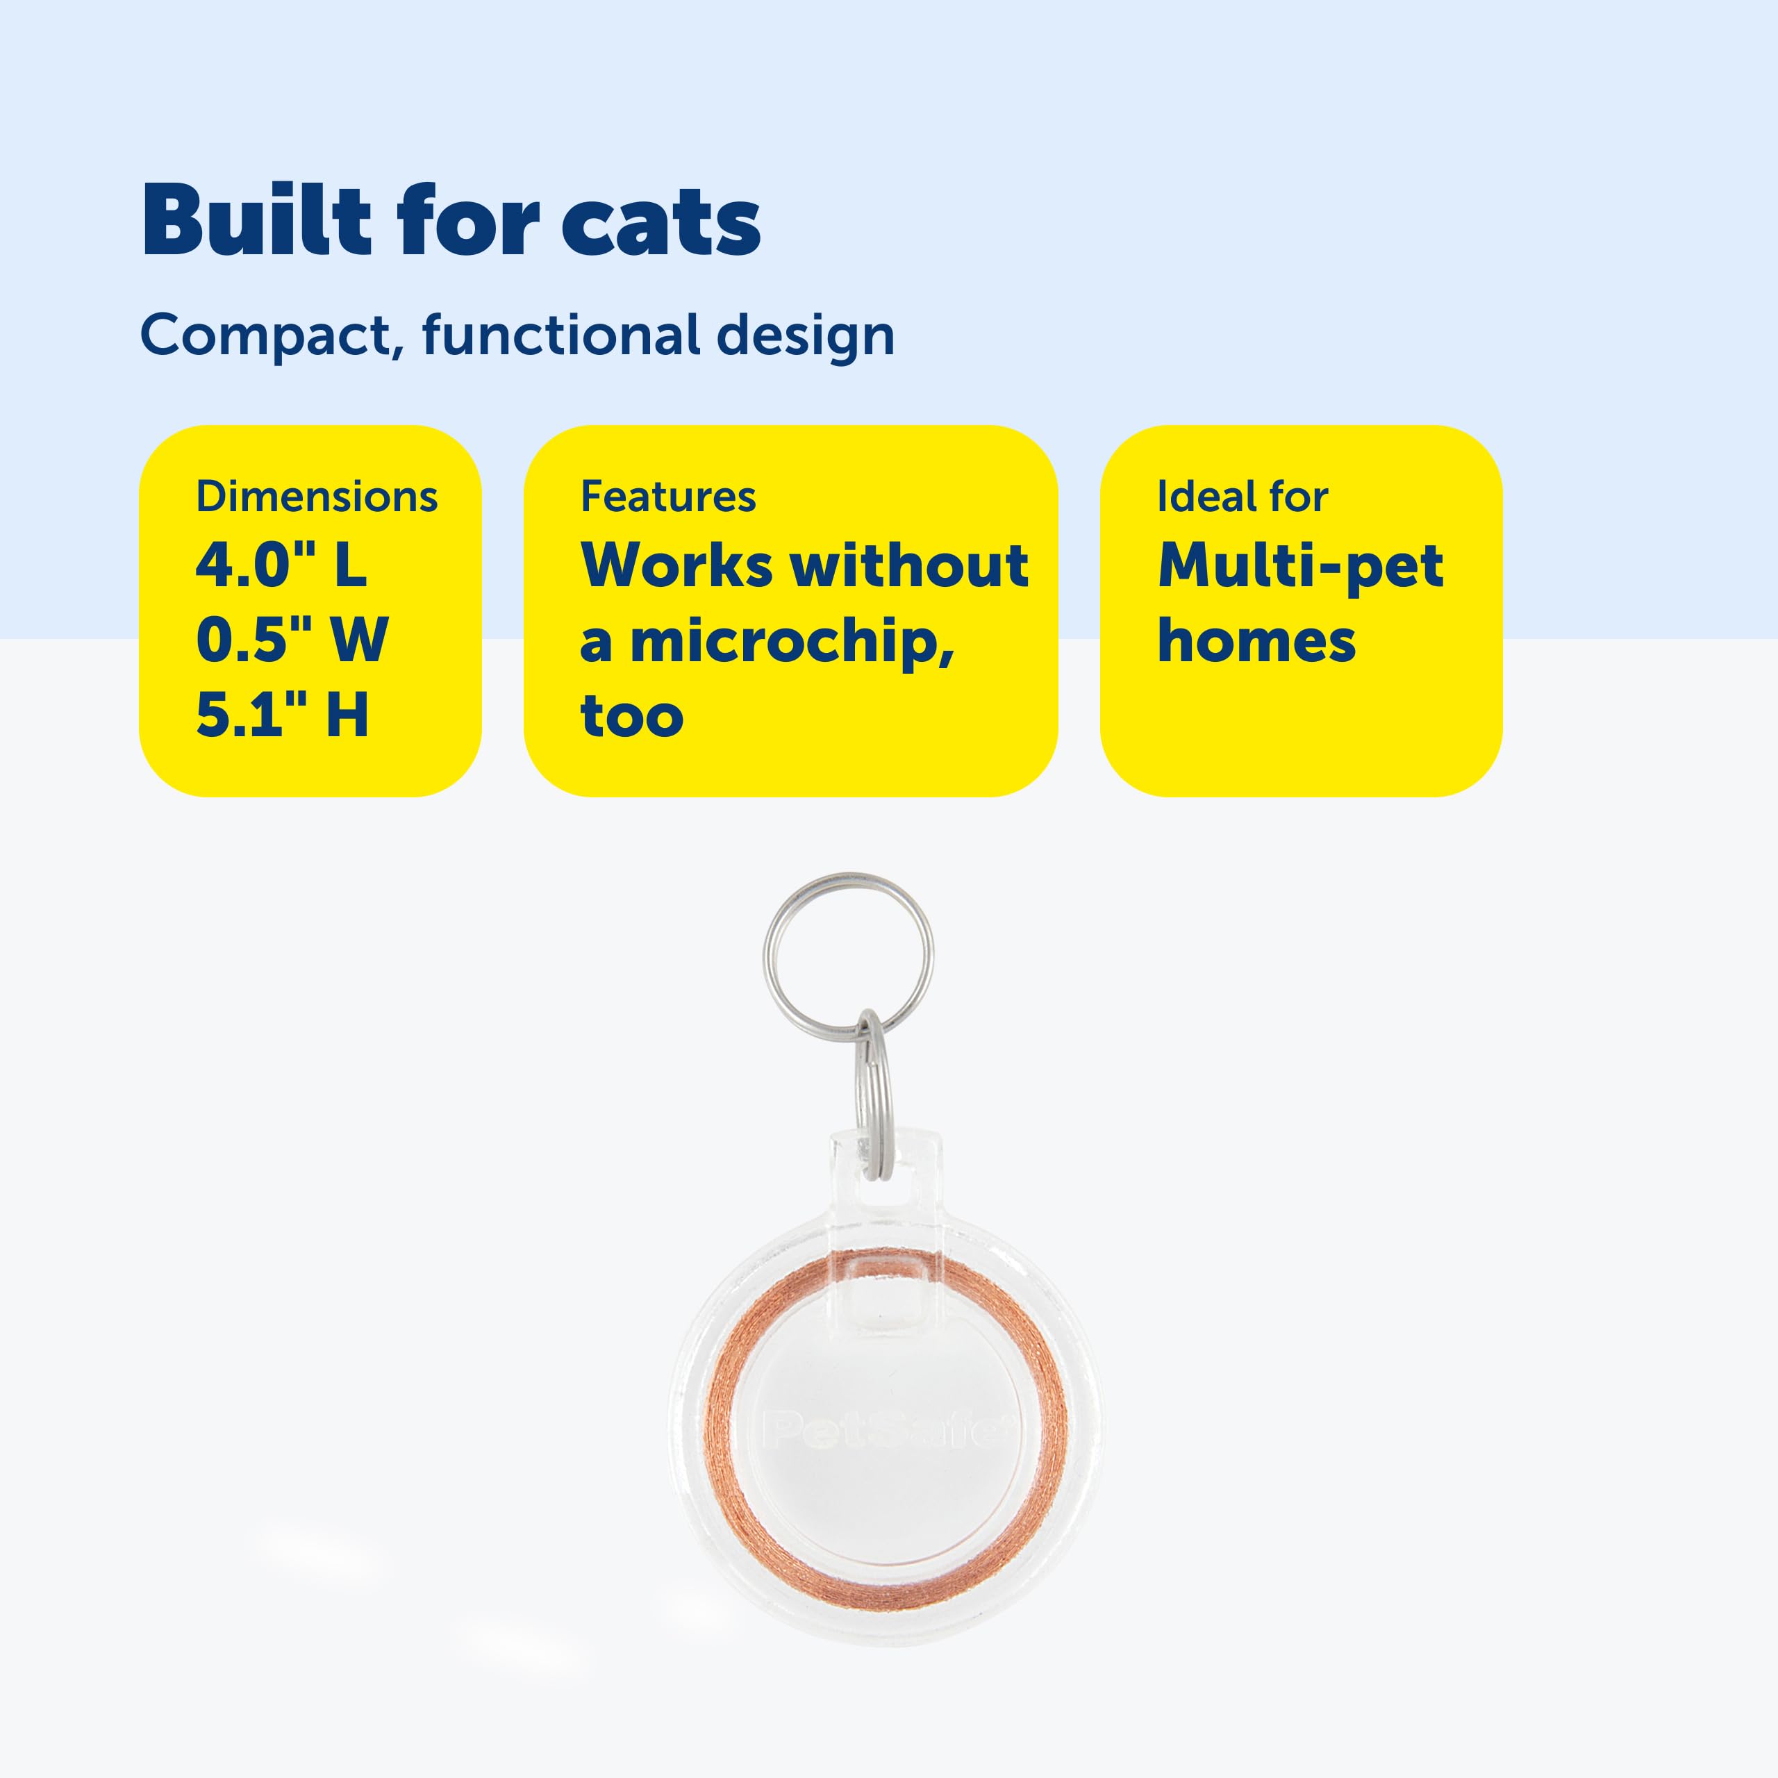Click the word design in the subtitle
point(804,336)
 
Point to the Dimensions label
point(317,497)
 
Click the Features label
point(668,497)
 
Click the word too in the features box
point(632,717)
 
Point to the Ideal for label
point(1243,497)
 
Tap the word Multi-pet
point(1300,566)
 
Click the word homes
point(1256,642)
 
